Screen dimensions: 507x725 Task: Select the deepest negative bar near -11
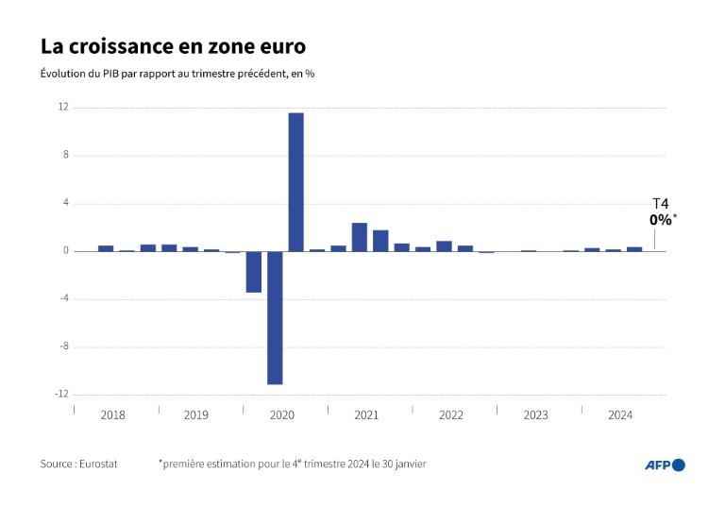tap(275, 317)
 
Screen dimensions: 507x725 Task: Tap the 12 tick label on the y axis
tap(62, 108)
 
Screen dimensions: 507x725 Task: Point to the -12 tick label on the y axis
tap(60, 395)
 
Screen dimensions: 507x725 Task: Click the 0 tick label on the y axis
tap(65, 251)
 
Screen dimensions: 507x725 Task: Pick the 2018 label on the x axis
tap(112, 415)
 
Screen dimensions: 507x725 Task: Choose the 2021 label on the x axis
tap(366, 415)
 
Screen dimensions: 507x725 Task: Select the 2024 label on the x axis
tap(620, 415)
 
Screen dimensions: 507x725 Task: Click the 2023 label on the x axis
tap(535, 415)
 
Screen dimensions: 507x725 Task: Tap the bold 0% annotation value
tap(661, 220)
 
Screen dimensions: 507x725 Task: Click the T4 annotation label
tap(661, 204)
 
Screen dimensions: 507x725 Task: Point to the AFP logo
tap(665, 465)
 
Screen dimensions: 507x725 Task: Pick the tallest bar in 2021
tap(360, 237)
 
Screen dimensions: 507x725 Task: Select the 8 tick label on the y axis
tap(65, 156)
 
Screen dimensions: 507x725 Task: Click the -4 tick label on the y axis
tap(63, 299)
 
